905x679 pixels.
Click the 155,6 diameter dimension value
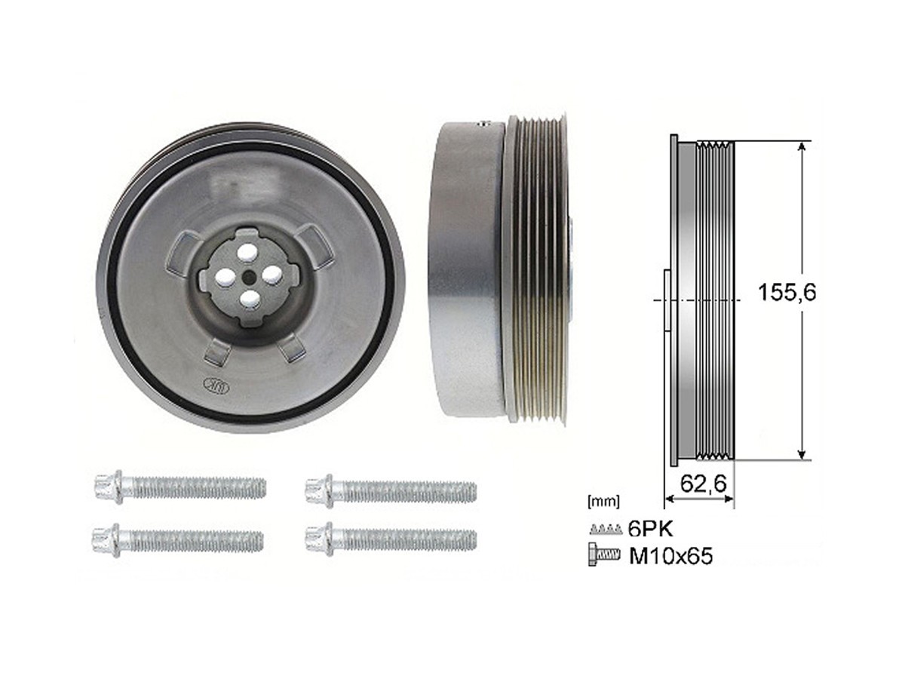[787, 292]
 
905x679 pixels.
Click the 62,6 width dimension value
[703, 484]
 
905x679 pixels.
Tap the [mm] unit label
[603, 499]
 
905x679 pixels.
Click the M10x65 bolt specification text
[670, 557]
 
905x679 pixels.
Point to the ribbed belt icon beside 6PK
[605, 528]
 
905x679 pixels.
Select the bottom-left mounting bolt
[178, 539]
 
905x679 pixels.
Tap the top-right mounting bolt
[391, 491]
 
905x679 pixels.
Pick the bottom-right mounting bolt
[391, 539]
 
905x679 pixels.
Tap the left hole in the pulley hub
[223, 278]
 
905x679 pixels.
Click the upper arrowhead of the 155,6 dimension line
[801, 148]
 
